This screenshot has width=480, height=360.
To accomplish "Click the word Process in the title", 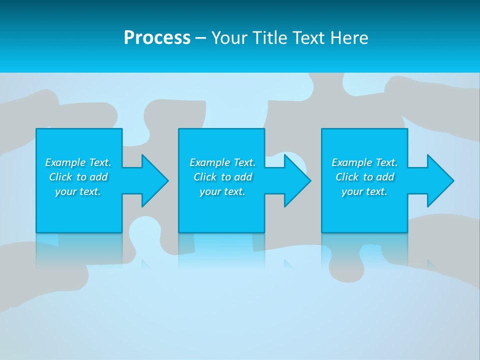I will click(157, 38).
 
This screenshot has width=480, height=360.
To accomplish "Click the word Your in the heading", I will click(230, 38).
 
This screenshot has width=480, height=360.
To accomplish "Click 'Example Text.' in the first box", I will click(78, 162).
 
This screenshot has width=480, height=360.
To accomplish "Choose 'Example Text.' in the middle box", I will click(222, 162).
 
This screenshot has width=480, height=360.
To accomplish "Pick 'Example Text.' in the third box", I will click(364, 162).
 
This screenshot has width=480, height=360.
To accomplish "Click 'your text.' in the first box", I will click(78, 191).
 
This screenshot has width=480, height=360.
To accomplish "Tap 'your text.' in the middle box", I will click(222, 191).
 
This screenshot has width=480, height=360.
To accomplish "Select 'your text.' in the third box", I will click(364, 191).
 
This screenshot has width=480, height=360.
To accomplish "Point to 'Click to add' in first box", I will click(78, 177).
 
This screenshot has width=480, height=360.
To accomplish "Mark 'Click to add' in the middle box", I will click(222, 177).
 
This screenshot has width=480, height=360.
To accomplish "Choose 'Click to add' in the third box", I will click(364, 177).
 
